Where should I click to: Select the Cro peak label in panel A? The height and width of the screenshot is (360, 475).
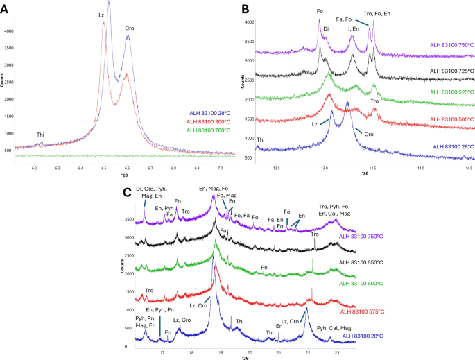tap(129, 28)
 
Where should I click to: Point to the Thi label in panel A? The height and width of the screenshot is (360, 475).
tap(41, 135)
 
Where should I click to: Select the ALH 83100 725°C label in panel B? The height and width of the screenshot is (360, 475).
tap(439, 71)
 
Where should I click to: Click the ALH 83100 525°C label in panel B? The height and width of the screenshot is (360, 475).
tap(439, 92)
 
